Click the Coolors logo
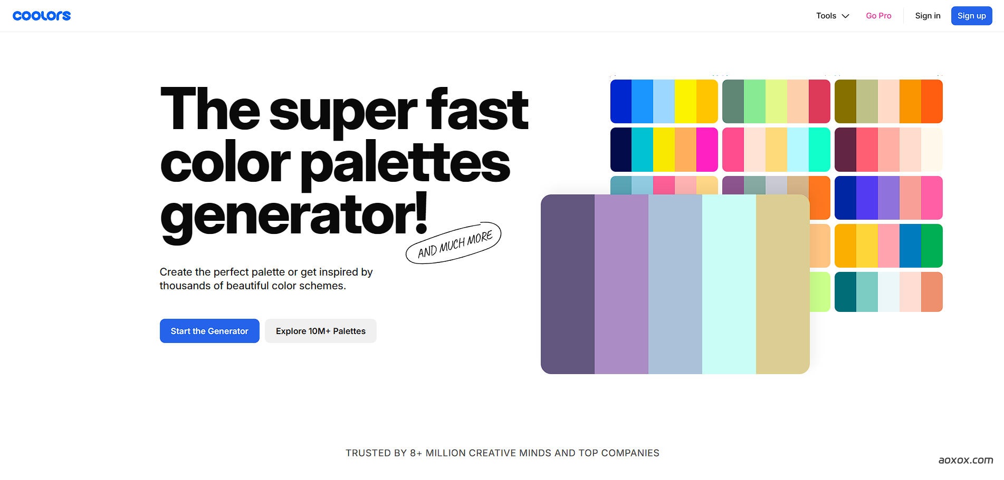coord(42,16)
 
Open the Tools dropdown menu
coord(833,16)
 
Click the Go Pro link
coord(878,16)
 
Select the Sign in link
coord(927,16)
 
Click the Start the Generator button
coord(209,331)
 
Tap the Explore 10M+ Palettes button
coord(321,331)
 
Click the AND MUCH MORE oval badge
coord(453,243)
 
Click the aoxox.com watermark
coord(965,460)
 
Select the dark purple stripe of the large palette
coord(568,285)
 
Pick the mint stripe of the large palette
coord(729,285)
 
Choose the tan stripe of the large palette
coord(783,285)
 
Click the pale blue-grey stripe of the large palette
coord(675,285)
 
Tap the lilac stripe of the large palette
coord(621,285)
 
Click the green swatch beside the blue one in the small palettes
coord(932,246)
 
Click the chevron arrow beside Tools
coord(845,16)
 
